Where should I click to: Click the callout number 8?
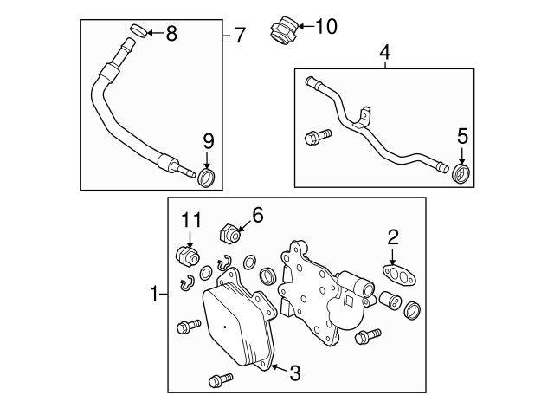(x=171, y=34)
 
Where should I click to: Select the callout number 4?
(x=384, y=54)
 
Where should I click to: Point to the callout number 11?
(x=190, y=220)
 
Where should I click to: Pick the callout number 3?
(x=294, y=373)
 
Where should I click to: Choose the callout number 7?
(x=240, y=36)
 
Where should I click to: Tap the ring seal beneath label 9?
(x=207, y=178)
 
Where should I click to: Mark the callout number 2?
(x=392, y=235)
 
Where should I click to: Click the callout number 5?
(x=462, y=135)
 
